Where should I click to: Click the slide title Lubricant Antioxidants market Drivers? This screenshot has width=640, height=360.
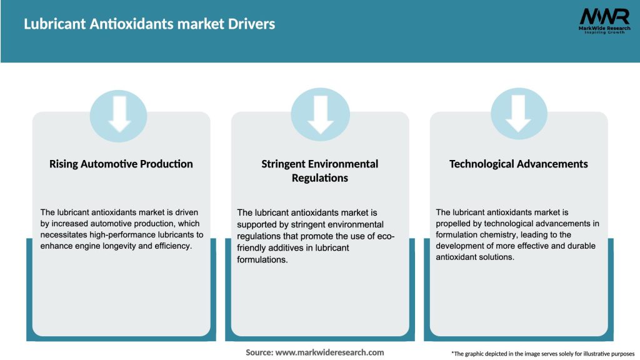coord(149,24)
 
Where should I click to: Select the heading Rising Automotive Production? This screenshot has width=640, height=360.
coord(121,164)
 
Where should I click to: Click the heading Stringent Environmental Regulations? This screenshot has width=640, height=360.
coord(320,171)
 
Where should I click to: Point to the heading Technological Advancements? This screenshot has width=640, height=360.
coord(519,164)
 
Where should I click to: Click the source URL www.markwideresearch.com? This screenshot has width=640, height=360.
coord(330,352)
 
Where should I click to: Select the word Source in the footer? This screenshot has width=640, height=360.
coord(259,352)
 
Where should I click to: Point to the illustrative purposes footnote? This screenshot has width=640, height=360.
coord(542,354)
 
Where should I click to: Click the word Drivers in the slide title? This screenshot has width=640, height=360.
coord(252,24)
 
